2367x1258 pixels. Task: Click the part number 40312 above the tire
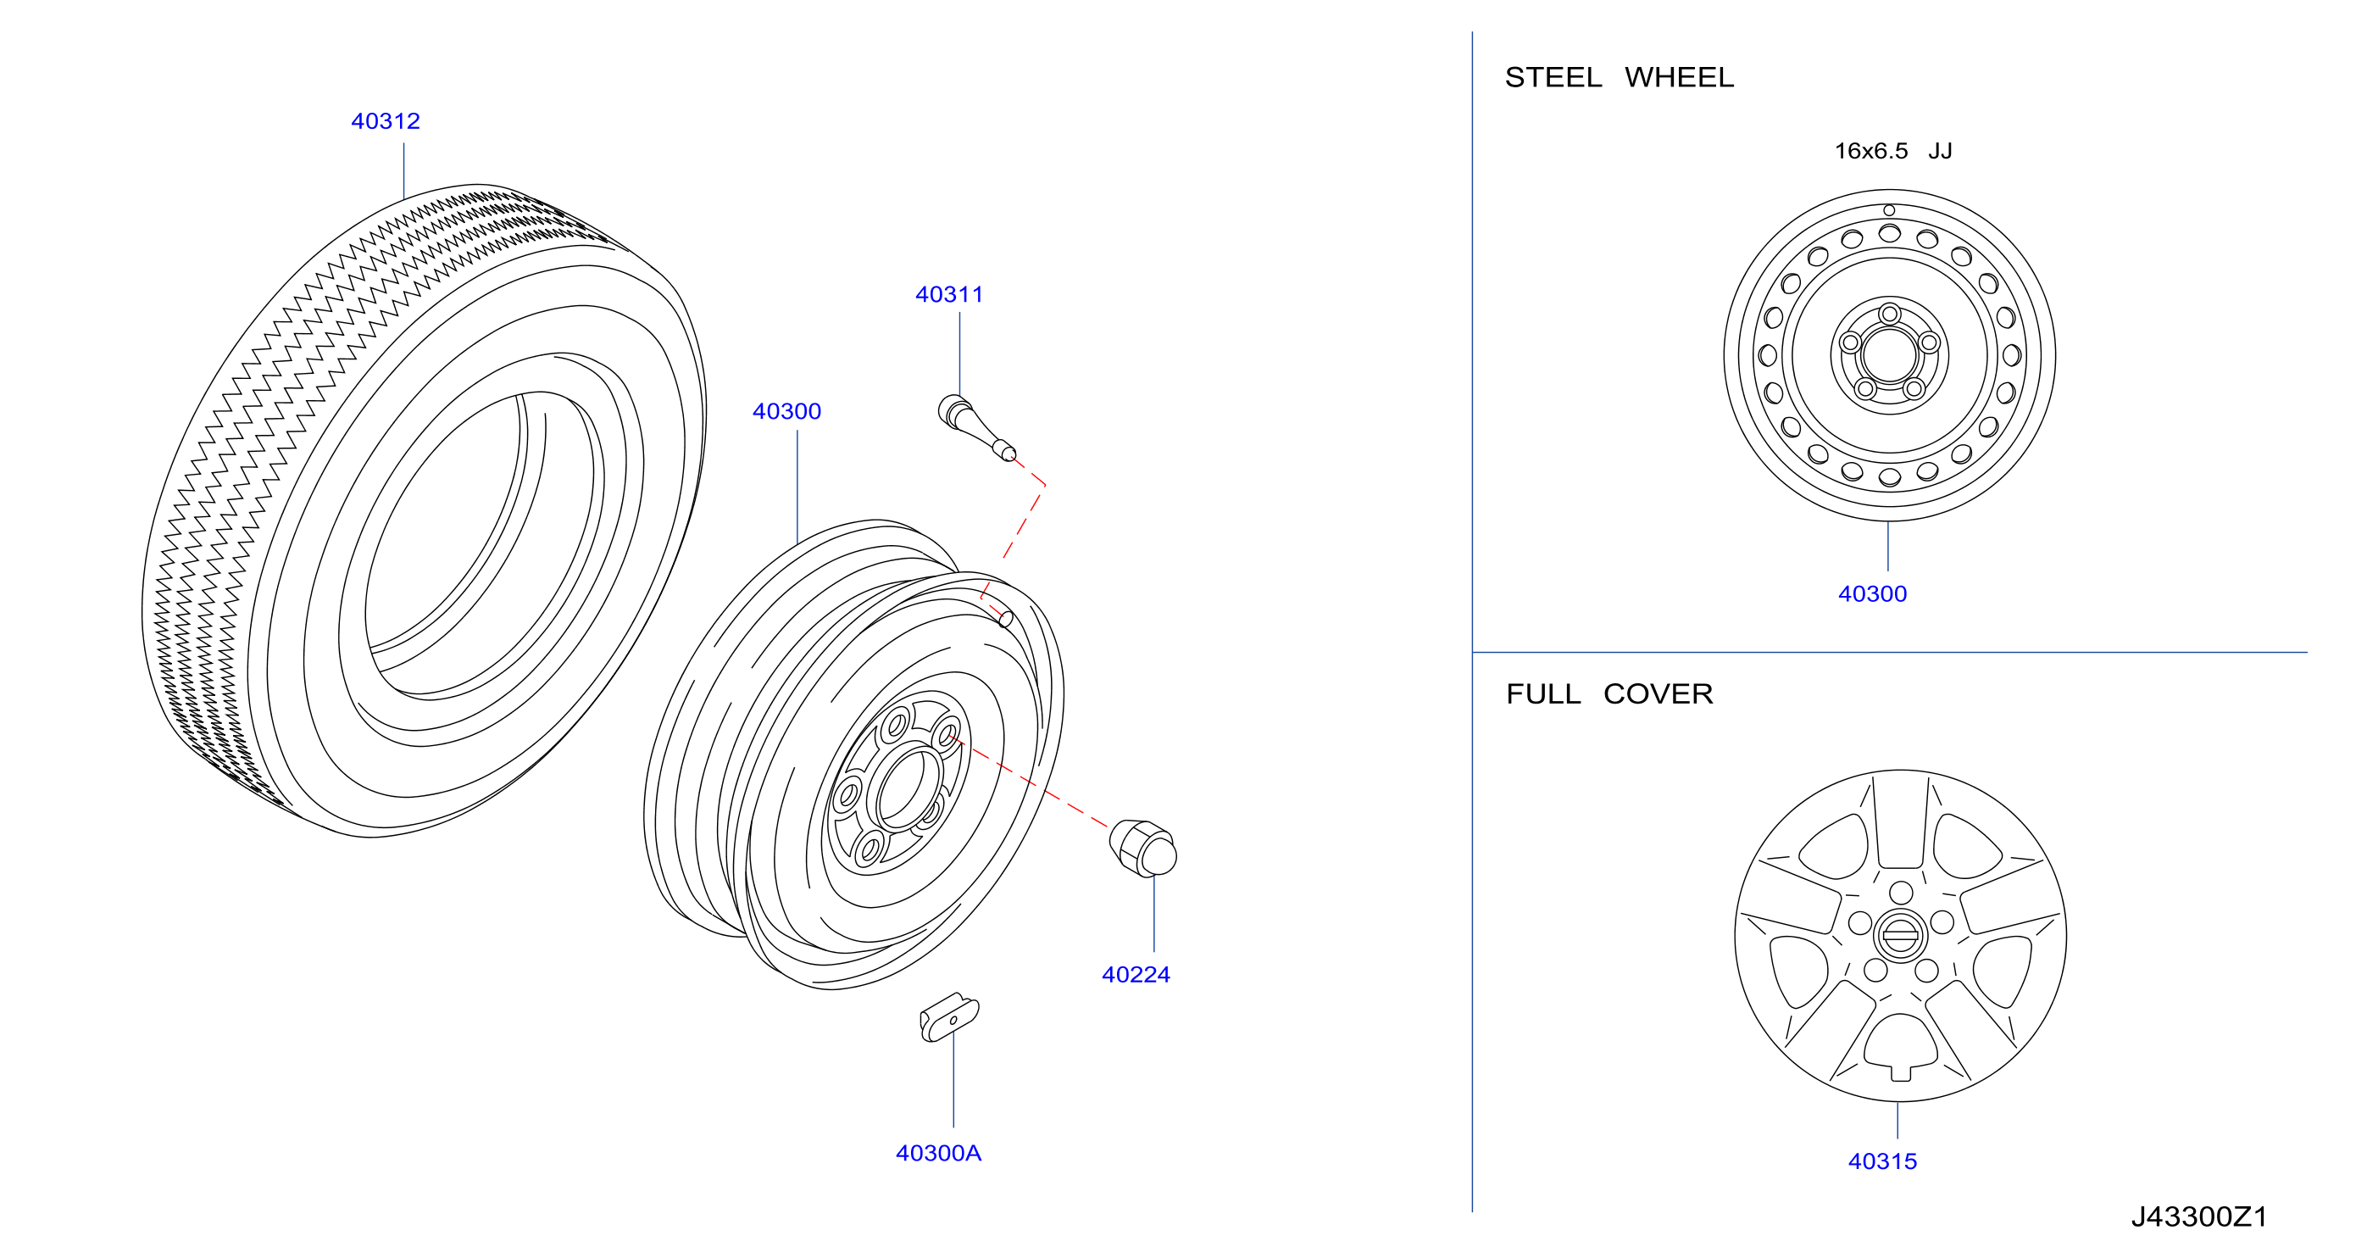pyautogui.click(x=385, y=121)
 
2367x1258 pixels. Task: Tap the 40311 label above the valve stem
pyautogui.click(x=949, y=295)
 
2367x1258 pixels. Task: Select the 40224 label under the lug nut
pyautogui.click(x=1136, y=975)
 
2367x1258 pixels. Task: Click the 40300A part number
pyautogui.click(x=938, y=1153)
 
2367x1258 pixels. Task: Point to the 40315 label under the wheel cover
pyautogui.click(x=1882, y=1161)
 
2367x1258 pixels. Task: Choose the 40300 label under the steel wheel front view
pyautogui.click(x=1872, y=594)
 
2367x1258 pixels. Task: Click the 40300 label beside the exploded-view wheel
pyautogui.click(x=786, y=412)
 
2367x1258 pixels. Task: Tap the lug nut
pyautogui.click(x=1142, y=847)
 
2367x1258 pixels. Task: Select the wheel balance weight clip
pyautogui.click(x=949, y=1017)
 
